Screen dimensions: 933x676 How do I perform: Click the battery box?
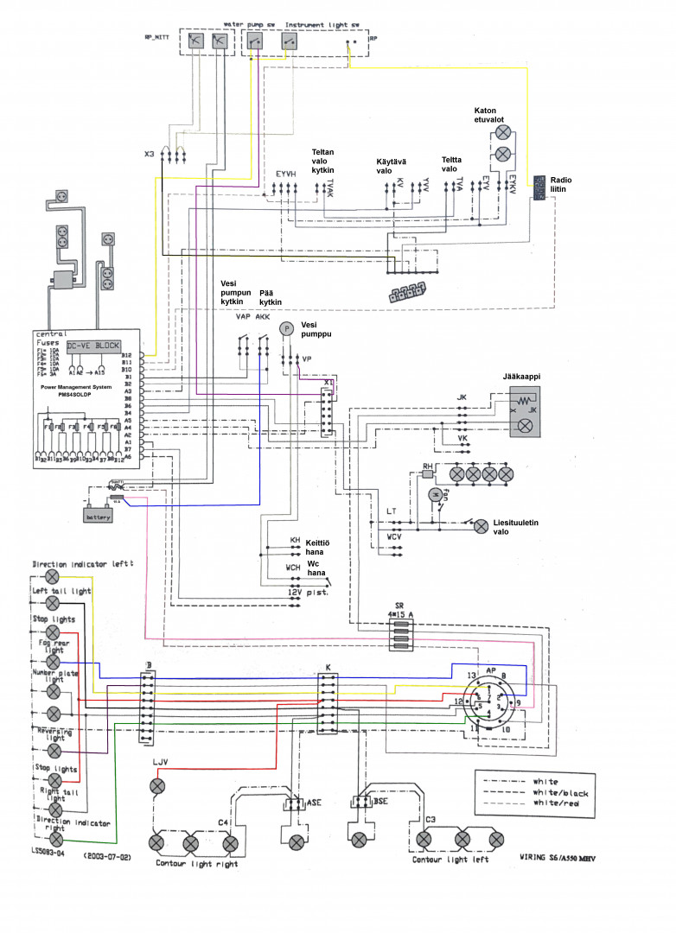pos(97,517)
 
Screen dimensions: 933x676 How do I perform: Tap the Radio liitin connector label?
pos(561,186)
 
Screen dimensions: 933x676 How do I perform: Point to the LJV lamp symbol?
pos(158,785)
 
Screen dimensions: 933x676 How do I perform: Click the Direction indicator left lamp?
pos(53,575)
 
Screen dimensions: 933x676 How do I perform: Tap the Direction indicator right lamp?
pos(56,839)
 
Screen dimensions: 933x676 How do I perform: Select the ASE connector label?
pos(316,802)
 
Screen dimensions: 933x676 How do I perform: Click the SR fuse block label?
pos(399,606)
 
